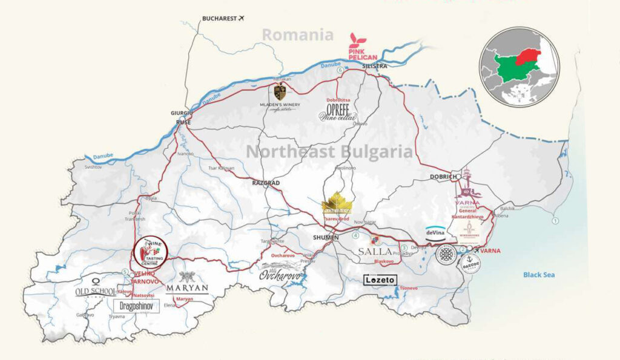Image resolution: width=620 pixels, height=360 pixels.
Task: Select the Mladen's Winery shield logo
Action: [x=280, y=92]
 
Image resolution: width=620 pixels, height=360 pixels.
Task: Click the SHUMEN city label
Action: [x=326, y=237]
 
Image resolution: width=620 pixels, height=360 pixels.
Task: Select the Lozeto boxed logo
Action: [x=380, y=280]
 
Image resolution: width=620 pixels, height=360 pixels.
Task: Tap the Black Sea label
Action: [x=539, y=275]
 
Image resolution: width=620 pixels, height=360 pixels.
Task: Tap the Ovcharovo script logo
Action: [x=281, y=274]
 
